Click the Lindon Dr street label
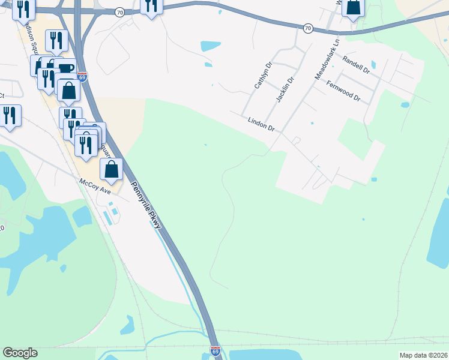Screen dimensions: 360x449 click(x=261, y=124)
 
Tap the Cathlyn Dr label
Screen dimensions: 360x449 click(x=263, y=75)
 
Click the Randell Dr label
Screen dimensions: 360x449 click(x=356, y=63)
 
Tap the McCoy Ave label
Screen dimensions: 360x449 click(x=95, y=185)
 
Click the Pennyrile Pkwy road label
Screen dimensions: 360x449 click(x=146, y=204)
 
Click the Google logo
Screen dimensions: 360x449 click(x=20, y=353)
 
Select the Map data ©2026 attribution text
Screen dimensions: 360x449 click(x=423, y=355)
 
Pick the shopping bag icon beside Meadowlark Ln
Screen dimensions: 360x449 click(x=354, y=8)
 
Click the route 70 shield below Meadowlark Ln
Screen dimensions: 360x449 click(x=307, y=28)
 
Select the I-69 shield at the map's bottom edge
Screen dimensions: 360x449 click(x=215, y=350)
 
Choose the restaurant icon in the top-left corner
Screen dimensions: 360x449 click(x=23, y=9)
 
